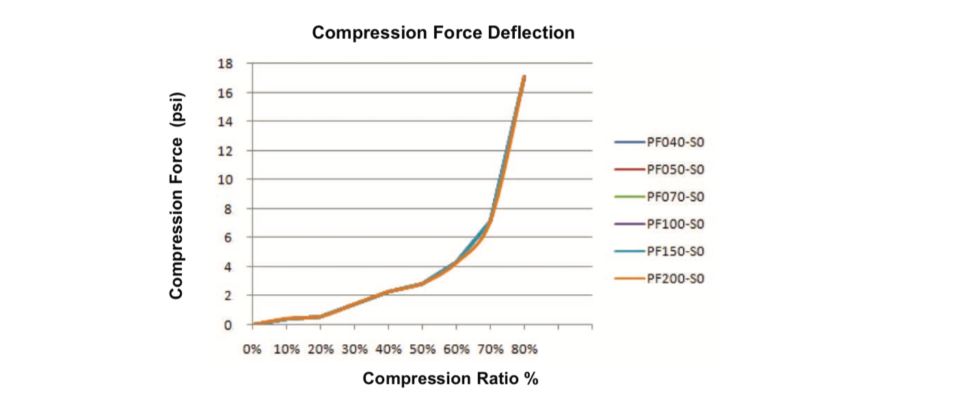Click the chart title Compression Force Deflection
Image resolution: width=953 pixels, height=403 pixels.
(x=443, y=32)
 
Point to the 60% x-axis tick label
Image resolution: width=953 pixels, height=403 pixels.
(x=457, y=349)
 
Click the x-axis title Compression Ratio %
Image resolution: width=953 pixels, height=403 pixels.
(x=450, y=378)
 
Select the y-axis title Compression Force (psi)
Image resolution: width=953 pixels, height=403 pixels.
(x=176, y=195)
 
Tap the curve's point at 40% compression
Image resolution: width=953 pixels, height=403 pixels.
(x=388, y=291)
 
